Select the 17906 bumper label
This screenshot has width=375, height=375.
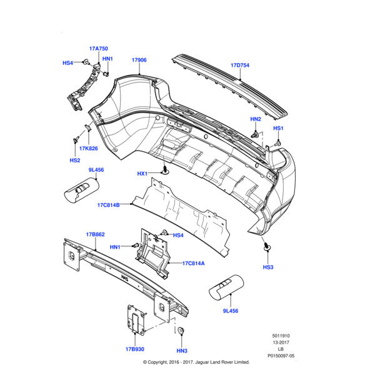coord(139,60)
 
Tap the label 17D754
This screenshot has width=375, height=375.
coord(240,64)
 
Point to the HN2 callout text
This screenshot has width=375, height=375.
coord(256,119)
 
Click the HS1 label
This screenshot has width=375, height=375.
coord(279,128)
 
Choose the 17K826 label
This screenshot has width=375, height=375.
coord(88,148)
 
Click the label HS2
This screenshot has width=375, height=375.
coord(75,160)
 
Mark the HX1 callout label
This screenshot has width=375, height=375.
coord(142,173)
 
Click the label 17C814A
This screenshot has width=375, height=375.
coord(194,263)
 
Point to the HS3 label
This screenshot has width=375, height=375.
coord(268,267)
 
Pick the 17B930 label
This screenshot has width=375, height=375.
coord(135,349)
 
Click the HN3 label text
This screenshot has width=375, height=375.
coord(182,351)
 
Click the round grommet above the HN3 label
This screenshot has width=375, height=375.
coord(180,331)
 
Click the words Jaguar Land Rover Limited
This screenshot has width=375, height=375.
coord(221,362)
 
